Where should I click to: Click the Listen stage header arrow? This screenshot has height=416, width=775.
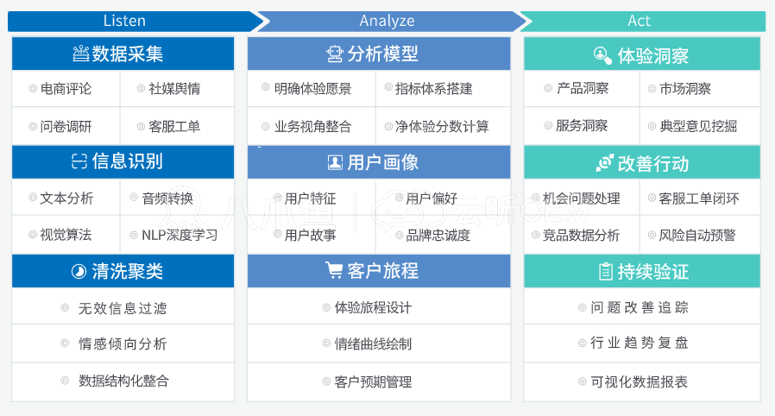click(134, 22)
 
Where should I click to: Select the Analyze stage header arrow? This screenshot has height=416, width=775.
click(390, 22)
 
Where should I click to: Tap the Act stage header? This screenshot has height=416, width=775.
click(643, 22)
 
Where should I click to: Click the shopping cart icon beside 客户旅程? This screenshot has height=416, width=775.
click(334, 270)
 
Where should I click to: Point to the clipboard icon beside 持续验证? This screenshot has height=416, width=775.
click(606, 271)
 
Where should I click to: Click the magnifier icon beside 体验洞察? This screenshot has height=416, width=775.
click(602, 55)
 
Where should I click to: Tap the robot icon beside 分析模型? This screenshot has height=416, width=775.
click(335, 54)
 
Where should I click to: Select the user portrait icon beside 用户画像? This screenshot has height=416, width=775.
click(335, 162)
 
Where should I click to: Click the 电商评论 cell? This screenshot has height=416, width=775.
click(66, 88)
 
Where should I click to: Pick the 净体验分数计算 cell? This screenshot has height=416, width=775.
click(443, 127)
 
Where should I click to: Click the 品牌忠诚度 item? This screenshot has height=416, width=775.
click(438, 236)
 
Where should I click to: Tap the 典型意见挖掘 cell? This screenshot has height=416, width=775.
click(699, 127)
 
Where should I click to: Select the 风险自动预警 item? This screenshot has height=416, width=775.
click(697, 235)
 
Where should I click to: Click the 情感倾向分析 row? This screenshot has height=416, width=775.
click(123, 344)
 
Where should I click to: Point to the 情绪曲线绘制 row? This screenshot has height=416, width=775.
click(379, 344)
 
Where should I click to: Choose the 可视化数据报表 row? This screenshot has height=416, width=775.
click(642, 382)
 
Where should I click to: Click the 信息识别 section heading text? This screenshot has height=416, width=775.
click(128, 161)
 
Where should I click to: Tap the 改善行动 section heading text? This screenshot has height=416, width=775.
click(653, 163)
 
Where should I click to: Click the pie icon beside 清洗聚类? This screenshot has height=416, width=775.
click(79, 271)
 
